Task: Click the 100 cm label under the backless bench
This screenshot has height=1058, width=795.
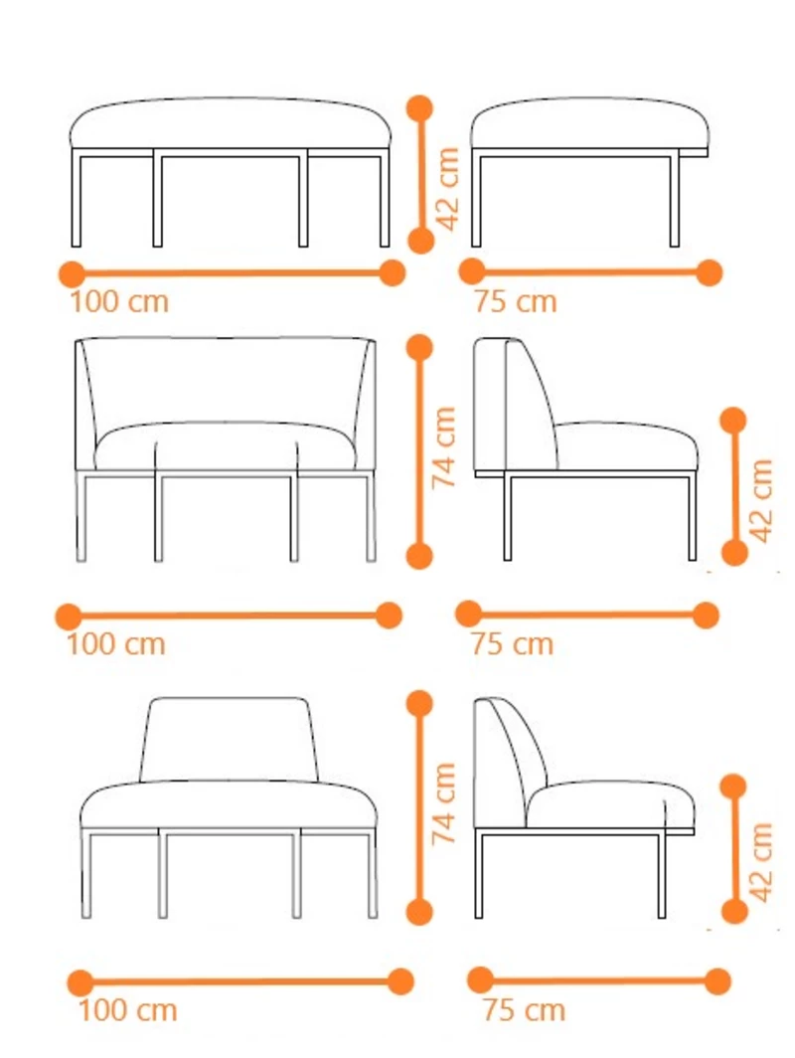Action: tap(119, 301)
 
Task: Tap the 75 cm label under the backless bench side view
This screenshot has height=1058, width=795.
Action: tap(515, 301)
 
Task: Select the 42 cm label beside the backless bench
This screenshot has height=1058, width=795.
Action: tap(448, 189)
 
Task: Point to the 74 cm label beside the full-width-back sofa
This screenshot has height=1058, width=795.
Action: tap(443, 446)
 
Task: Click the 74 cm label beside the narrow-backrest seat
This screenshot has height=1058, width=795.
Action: tap(443, 803)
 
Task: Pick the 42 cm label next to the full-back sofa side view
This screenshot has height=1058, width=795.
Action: tap(760, 500)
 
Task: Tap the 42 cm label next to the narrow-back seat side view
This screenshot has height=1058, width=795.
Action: tap(760, 862)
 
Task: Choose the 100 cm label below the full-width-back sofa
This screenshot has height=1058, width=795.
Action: tap(116, 644)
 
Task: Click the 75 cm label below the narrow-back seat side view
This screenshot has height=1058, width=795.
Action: tap(524, 1010)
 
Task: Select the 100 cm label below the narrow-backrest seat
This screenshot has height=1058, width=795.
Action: tap(128, 1010)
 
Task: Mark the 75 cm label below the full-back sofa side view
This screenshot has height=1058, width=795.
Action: tap(512, 644)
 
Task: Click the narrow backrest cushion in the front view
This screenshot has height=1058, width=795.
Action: tap(228, 739)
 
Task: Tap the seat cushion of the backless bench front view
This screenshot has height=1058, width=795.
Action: tap(231, 123)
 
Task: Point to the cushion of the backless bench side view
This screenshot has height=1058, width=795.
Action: tap(589, 123)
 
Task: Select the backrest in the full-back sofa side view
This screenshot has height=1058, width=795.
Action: tap(514, 404)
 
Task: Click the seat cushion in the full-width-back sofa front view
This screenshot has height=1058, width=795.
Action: tap(226, 445)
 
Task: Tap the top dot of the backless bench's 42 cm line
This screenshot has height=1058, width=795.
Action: tap(420, 108)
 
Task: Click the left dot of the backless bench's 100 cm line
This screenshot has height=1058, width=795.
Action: tap(73, 274)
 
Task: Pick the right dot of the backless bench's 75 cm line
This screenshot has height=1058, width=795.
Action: tap(710, 272)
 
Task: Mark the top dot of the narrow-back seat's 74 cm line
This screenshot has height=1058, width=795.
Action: tap(419, 703)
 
